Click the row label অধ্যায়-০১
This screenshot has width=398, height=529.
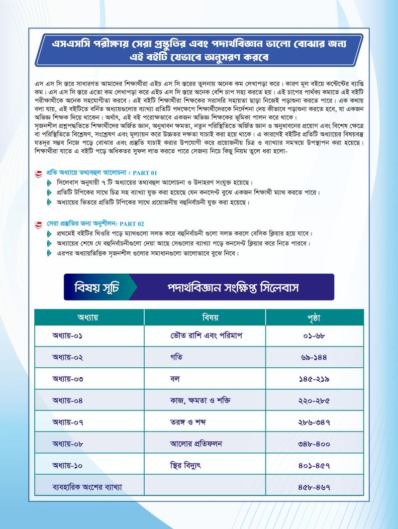click(x=68, y=336)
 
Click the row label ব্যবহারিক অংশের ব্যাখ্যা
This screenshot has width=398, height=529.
click(x=87, y=487)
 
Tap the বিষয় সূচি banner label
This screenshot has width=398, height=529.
click(x=97, y=288)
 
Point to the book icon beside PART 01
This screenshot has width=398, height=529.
click(x=38, y=174)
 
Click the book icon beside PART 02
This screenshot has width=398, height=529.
click(x=38, y=224)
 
